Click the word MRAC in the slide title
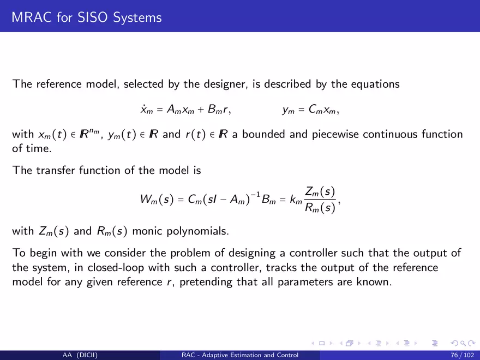(x=32, y=17)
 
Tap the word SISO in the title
(x=93, y=17)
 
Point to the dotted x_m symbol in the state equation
(x=147, y=109)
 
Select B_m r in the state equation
(x=218, y=109)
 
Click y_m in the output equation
(x=289, y=110)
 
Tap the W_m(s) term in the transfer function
(x=157, y=199)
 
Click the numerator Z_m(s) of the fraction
(x=320, y=192)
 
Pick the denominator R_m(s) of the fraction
(x=320, y=208)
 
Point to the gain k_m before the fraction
(x=296, y=200)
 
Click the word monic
(x=147, y=231)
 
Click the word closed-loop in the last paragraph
(x=116, y=268)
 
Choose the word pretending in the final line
(x=206, y=282)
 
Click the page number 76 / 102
(x=462, y=355)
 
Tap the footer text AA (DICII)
(x=80, y=355)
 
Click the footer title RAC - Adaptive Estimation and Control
(x=240, y=355)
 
